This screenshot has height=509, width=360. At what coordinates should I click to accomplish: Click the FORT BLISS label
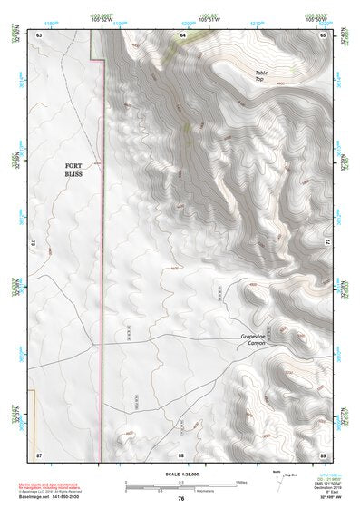click(73, 170)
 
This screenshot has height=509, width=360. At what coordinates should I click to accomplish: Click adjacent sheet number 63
click(39, 34)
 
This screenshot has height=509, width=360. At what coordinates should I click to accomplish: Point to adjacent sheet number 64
click(182, 34)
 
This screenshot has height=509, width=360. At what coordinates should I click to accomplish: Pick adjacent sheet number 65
click(323, 34)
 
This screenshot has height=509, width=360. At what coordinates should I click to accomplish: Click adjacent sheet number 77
click(326, 243)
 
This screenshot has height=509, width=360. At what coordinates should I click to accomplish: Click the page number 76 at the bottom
click(181, 499)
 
